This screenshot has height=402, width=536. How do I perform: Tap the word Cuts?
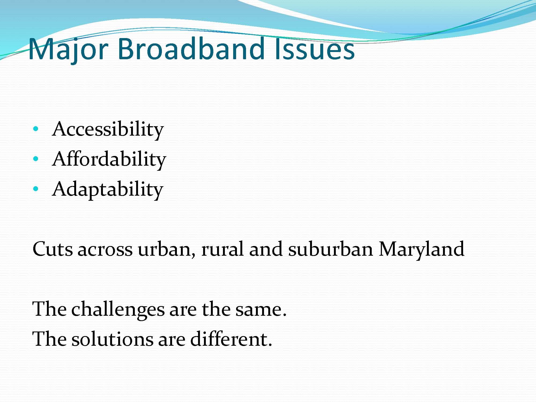[53, 249]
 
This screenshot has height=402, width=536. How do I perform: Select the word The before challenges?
[50, 309]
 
